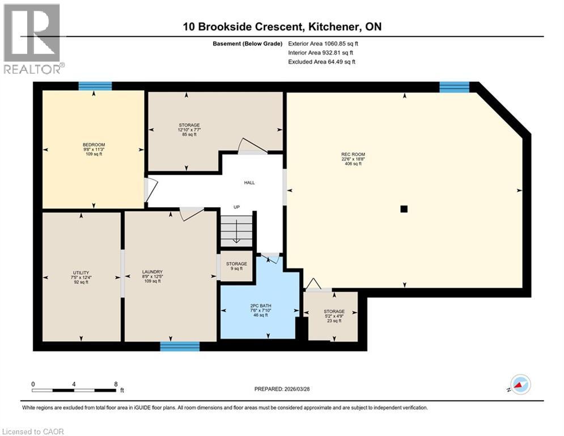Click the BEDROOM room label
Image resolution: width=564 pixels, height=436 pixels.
click(x=94, y=145)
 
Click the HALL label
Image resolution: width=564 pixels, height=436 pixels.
click(x=249, y=183)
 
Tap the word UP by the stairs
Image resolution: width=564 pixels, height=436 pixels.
click(x=237, y=207)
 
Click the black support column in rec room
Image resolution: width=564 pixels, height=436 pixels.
click(x=404, y=209)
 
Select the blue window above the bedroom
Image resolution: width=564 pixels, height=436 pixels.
click(x=95, y=86)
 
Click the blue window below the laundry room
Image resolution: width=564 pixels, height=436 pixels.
click(x=180, y=346)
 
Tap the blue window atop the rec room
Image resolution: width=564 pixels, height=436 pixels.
click(x=454, y=87)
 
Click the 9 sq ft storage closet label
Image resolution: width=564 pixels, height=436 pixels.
click(x=236, y=264)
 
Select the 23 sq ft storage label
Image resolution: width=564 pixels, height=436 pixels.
click(x=334, y=312)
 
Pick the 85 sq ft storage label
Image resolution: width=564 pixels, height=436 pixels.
click(x=189, y=125)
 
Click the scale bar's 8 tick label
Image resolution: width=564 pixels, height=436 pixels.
click(x=116, y=384)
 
